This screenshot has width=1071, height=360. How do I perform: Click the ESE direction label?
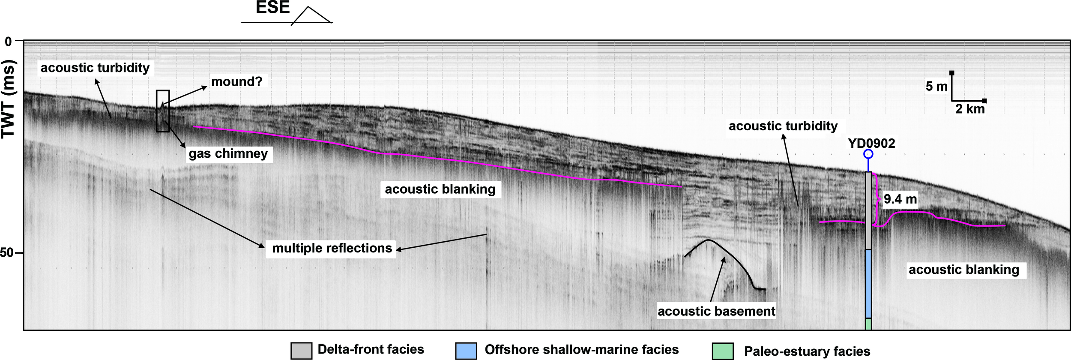click(272, 8)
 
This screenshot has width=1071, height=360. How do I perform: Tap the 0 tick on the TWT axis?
click(8, 42)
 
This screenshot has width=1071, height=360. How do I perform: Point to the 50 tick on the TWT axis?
click(7, 253)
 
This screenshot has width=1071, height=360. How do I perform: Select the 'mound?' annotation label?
click(236, 81)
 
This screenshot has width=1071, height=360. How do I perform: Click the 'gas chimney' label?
click(228, 153)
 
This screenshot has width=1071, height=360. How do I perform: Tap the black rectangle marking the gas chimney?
click(163, 111)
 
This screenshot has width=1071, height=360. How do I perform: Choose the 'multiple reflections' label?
click(332, 248)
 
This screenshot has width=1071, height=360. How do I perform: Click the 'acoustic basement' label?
click(716, 311)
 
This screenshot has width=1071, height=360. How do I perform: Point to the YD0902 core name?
click(871, 143)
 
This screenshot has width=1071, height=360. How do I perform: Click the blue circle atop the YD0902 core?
click(868, 154)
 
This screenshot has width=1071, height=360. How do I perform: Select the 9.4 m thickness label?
click(900, 199)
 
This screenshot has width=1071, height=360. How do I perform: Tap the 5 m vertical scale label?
click(936, 87)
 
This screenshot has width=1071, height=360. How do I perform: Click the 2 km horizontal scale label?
click(970, 109)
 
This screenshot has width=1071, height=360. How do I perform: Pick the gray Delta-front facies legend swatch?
click(301, 351)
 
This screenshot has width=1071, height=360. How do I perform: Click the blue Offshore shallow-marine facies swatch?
click(466, 351)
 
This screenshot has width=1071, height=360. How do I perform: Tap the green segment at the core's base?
click(868, 324)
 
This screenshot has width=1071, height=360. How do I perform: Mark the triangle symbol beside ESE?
click(312, 16)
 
